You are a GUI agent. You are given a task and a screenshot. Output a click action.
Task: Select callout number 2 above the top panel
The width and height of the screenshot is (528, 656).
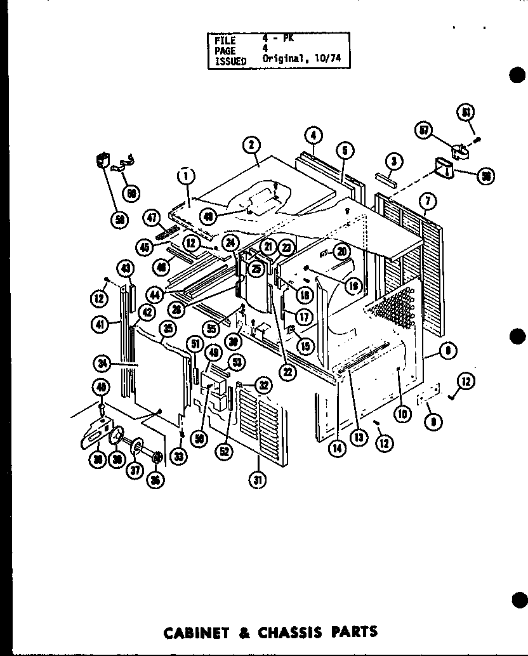(252, 145)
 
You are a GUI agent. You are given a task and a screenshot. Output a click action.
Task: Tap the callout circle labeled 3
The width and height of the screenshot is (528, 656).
(393, 162)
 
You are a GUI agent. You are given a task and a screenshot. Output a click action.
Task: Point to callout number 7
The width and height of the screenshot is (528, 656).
(428, 202)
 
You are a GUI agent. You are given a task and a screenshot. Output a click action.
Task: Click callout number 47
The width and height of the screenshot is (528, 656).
(151, 218)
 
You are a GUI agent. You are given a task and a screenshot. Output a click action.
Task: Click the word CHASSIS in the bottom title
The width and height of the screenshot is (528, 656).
(287, 632)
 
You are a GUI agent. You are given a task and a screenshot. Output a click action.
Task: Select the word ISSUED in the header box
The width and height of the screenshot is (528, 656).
(230, 62)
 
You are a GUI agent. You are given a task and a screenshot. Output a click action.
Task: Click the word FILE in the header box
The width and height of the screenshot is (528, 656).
(225, 40)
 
